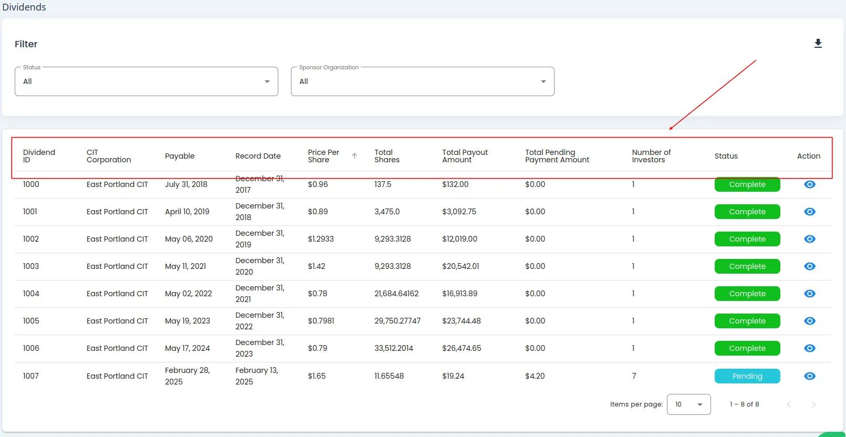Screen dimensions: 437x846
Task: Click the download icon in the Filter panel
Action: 818,44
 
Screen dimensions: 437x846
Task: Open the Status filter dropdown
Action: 146,81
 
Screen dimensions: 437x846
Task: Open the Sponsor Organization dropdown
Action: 422,81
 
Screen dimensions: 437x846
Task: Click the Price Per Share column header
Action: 323,156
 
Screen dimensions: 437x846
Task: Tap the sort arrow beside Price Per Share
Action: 354,156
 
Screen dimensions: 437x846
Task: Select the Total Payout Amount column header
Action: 465,156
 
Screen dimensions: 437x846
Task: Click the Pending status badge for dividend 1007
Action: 747,376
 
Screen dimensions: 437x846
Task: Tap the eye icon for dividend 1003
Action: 809,266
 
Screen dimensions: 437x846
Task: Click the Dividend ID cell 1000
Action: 31,184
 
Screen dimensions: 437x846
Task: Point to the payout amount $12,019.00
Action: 459,239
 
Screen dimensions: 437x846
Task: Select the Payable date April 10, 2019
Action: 187,212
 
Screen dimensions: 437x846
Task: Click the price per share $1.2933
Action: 321,239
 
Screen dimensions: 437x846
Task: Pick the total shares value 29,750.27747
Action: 398,321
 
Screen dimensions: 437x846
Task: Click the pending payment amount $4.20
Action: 535,376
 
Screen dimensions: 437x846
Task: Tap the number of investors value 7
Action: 634,376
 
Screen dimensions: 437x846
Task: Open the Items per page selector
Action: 688,404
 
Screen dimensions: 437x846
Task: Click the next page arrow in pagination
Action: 813,404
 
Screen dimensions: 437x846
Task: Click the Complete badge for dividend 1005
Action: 747,321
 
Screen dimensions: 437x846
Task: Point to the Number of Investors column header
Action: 651,156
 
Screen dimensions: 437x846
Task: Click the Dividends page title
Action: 24,7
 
